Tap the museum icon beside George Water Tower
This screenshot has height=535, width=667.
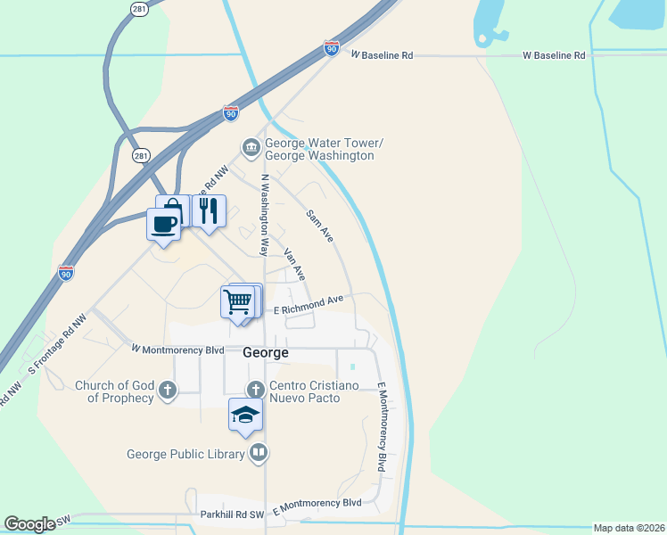[x=250, y=146]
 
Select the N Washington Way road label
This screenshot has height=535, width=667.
[x=264, y=214]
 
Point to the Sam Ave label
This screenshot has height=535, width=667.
[x=319, y=226]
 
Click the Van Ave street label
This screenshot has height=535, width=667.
[x=294, y=264]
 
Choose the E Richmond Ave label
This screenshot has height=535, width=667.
[x=308, y=305]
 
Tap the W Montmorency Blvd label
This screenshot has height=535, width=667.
[x=177, y=350]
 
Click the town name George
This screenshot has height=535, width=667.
[x=266, y=353]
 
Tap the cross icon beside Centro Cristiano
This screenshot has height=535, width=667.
[x=256, y=389]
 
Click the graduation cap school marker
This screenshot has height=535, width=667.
[x=245, y=416]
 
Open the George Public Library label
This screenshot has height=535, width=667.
[x=185, y=454]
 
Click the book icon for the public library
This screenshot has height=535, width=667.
[x=259, y=453]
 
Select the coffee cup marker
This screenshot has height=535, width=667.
[x=163, y=224]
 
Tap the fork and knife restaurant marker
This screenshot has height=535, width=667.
[x=208, y=210]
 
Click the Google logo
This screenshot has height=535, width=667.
[x=30, y=524]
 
